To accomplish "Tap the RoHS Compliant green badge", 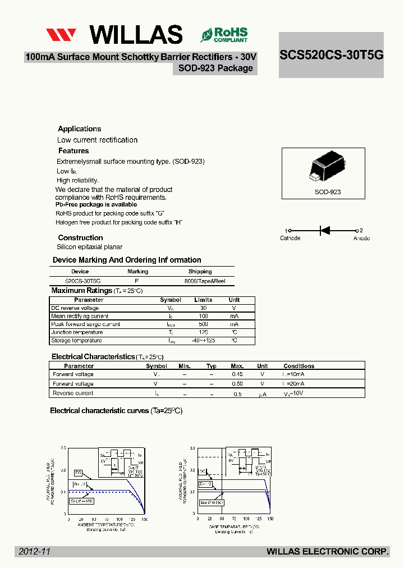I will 224,35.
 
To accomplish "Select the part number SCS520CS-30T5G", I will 331,55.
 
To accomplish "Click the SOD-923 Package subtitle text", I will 215,68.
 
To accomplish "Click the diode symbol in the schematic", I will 324,230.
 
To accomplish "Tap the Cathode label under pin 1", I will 290,238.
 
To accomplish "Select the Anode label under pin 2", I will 361,238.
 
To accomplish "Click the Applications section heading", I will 80,129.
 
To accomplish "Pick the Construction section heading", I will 80,237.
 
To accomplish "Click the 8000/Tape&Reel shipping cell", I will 204,281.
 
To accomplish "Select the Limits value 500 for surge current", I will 203,324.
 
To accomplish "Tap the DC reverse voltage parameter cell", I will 75,308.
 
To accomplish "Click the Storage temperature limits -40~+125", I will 203,340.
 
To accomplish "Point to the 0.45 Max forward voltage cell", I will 237,374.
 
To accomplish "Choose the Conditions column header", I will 299,366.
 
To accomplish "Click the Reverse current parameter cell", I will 73,393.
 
